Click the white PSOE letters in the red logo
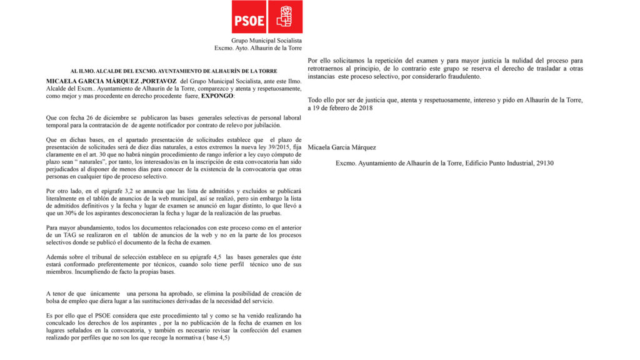pos(249,19)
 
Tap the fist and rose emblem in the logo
pos(285,17)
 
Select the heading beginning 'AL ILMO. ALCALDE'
pos(174,71)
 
